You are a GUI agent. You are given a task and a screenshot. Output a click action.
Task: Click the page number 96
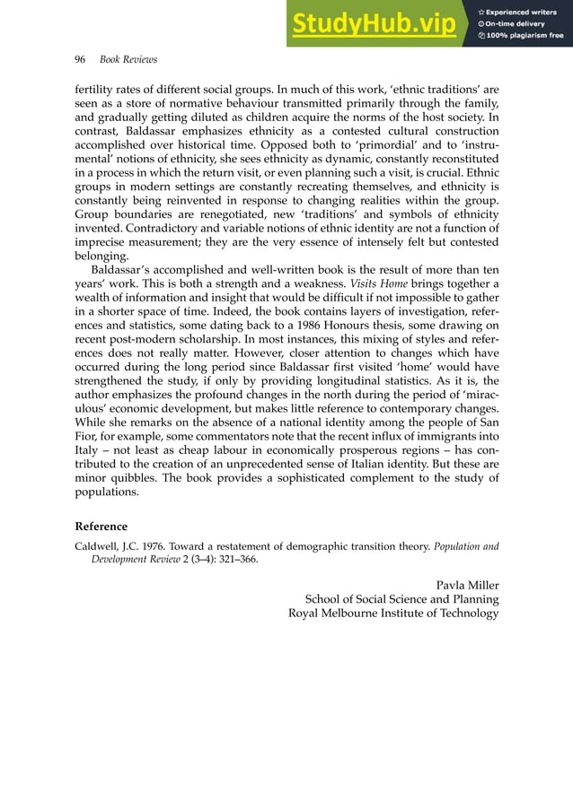[79, 59]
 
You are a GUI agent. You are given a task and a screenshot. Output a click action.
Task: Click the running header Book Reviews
[128, 59]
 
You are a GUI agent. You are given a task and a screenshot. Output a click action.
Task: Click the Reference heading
[101, 527]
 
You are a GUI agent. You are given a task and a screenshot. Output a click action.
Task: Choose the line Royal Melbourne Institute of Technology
[392, 614]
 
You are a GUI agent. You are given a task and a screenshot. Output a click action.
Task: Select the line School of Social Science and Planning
[401, 599]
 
